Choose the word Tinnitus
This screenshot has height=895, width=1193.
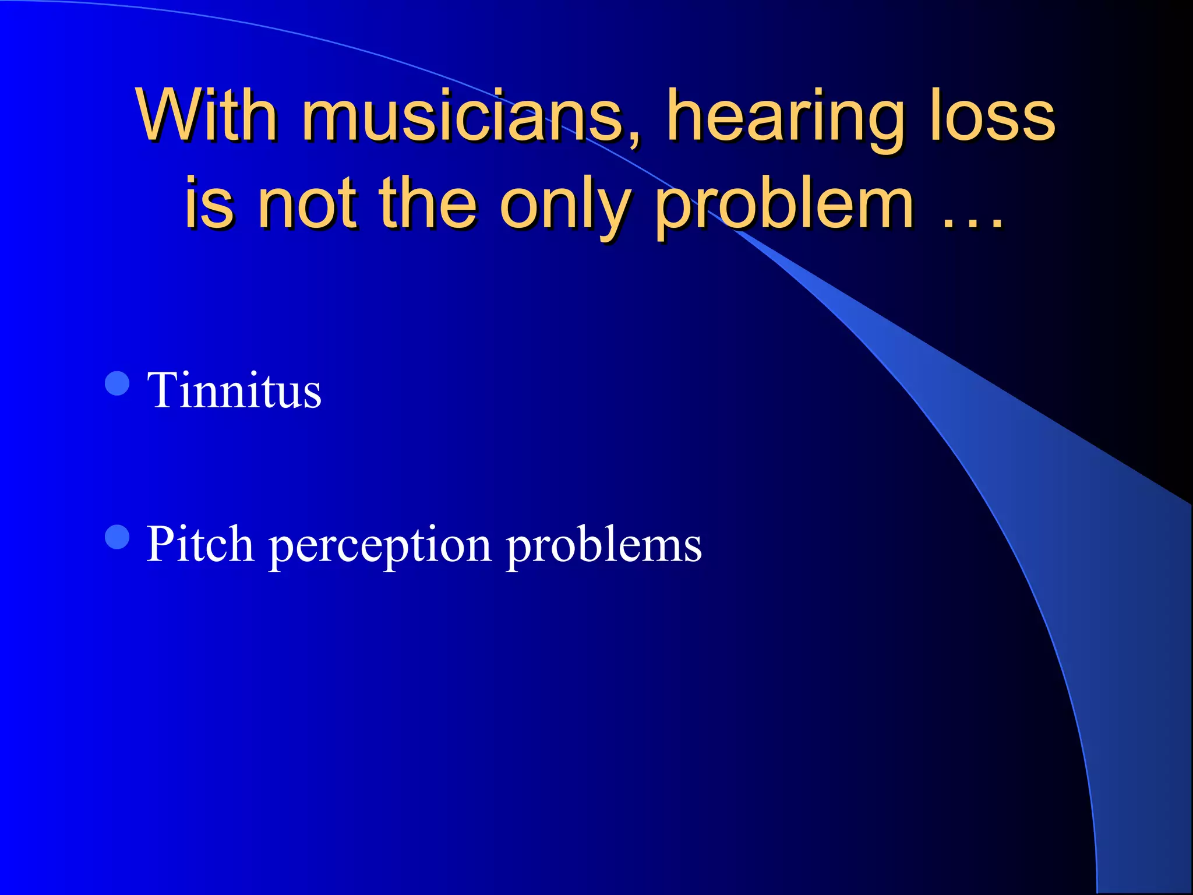(x=234, y=390)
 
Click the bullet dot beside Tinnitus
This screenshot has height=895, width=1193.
(x=117, y=383)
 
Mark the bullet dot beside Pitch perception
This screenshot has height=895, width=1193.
(x=117, y=537)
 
